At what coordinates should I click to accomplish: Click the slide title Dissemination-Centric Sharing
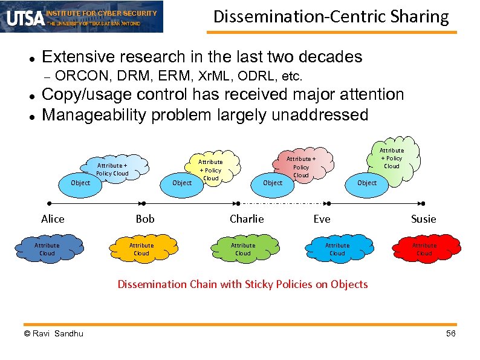point(331,17)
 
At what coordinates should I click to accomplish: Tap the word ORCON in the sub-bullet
point(74,76)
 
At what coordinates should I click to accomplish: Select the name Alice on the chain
point(53,219)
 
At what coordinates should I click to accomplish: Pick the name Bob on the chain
point(145,219)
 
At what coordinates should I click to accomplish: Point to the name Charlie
point(247,219)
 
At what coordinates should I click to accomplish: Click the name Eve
point(322,219)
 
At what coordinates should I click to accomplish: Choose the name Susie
point(423,219)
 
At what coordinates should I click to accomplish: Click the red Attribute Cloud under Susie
point(424,249)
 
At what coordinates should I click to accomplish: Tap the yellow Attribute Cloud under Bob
point(141,249)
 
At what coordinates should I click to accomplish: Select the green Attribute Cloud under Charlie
point(243,249)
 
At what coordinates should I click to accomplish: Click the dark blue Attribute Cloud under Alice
point(47,249)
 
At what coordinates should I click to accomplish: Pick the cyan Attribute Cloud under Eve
point(337,249)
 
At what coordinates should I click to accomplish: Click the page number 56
point(450,334)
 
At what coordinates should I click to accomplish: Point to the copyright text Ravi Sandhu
point(54,334)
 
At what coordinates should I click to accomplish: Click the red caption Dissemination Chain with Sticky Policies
point(242,284)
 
